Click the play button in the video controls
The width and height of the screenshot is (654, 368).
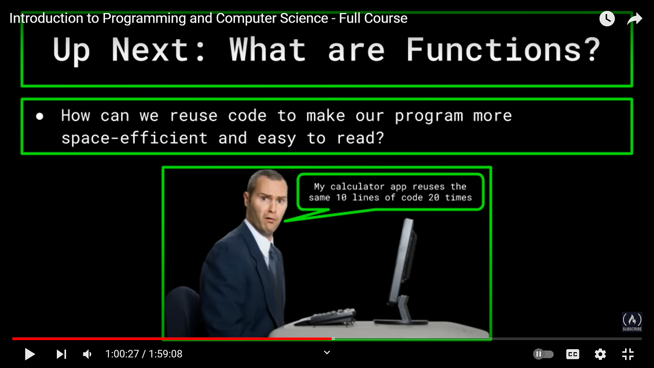point(30,355)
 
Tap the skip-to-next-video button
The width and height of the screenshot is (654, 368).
point(61,355)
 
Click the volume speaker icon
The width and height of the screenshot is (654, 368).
point(87,355)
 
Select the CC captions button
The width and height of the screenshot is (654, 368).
point(573,355)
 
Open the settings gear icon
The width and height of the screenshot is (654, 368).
point(600,355)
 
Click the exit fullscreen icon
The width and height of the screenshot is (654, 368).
point(628,355)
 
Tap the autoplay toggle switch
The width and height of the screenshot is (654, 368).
point(543,355)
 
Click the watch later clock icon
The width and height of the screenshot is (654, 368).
point(607,19)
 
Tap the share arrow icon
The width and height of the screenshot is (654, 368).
point(635,19)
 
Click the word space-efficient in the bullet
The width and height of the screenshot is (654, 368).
point(134,138)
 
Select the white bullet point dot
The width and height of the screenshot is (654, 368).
point(39,116)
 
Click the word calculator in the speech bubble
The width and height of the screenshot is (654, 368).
point(357,186)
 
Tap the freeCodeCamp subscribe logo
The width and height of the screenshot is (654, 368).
point(632,321)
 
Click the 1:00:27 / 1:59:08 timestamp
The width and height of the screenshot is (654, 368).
point(144,355)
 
